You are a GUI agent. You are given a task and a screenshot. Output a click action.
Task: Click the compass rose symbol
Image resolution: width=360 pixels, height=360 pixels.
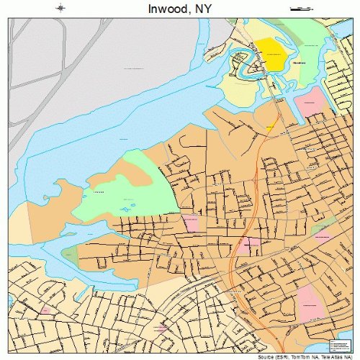[x=61, y=8]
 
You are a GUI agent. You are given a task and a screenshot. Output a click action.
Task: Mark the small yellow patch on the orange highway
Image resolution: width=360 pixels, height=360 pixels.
[x=271, y=127]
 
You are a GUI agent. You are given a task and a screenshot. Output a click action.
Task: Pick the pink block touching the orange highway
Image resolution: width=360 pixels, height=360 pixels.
[x=250, y=245]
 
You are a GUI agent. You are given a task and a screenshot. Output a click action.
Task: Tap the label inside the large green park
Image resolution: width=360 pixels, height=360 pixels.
[x=99, y=192]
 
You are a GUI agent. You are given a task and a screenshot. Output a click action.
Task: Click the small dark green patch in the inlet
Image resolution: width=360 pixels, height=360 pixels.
[x=71, y=253]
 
